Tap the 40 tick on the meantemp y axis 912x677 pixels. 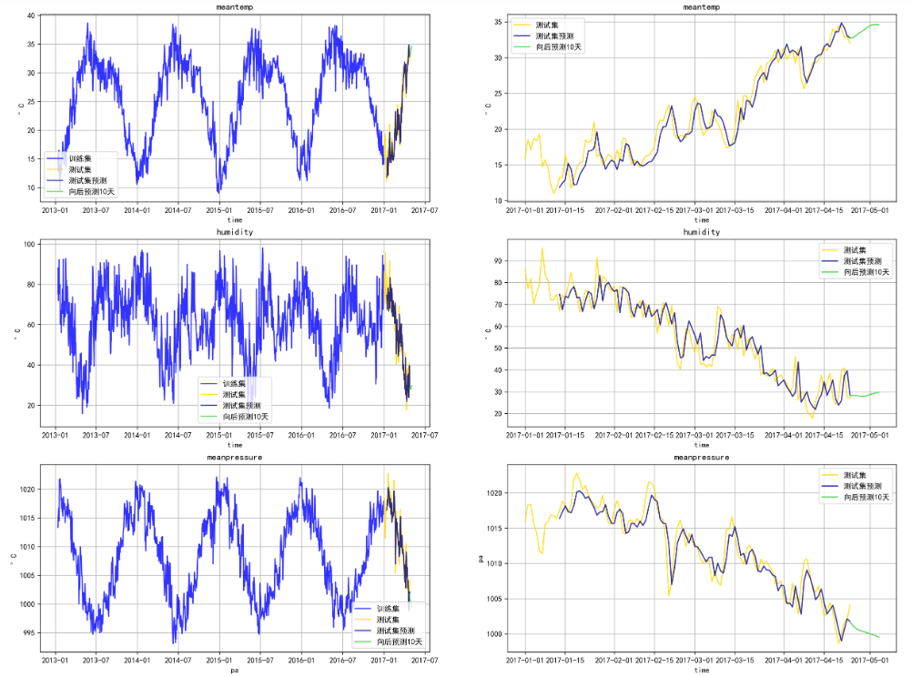coord(31,15)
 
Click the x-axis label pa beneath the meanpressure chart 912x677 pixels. coord(234,670)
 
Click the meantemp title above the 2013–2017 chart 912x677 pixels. coord(234,7)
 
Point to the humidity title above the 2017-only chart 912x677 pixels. coord(701,232)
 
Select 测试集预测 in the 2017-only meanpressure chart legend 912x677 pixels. coord(860,486)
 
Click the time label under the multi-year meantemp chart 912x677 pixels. coord(234,219)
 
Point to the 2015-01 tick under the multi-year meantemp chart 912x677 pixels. coord(218,209)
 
